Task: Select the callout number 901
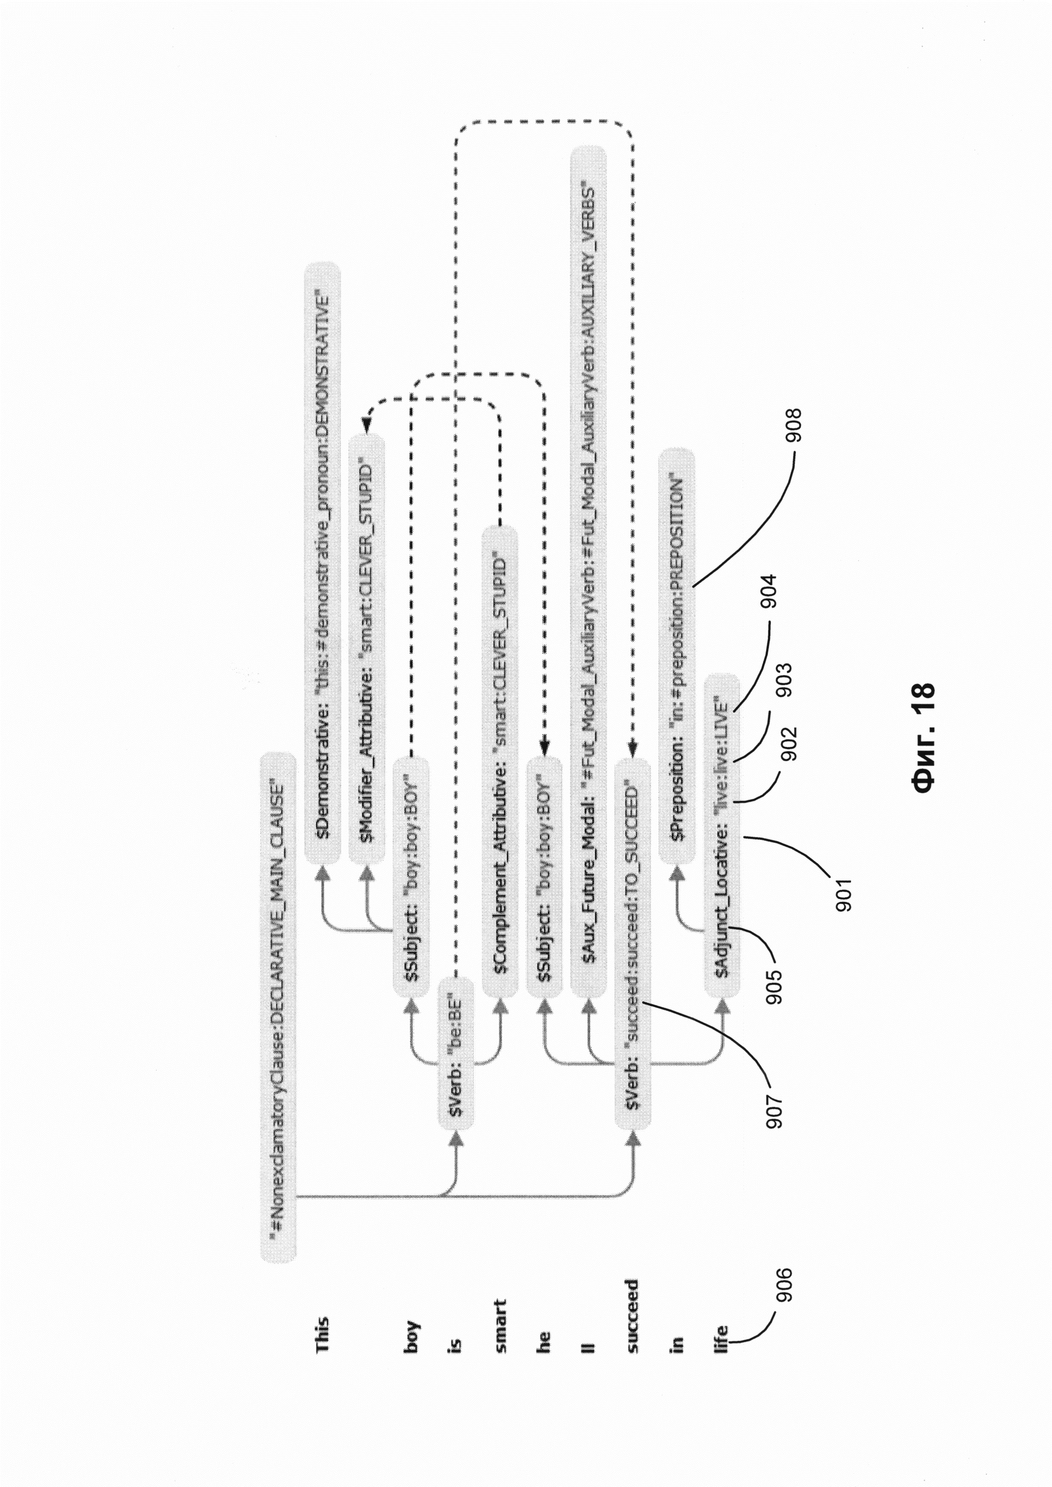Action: tap(844, 894)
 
